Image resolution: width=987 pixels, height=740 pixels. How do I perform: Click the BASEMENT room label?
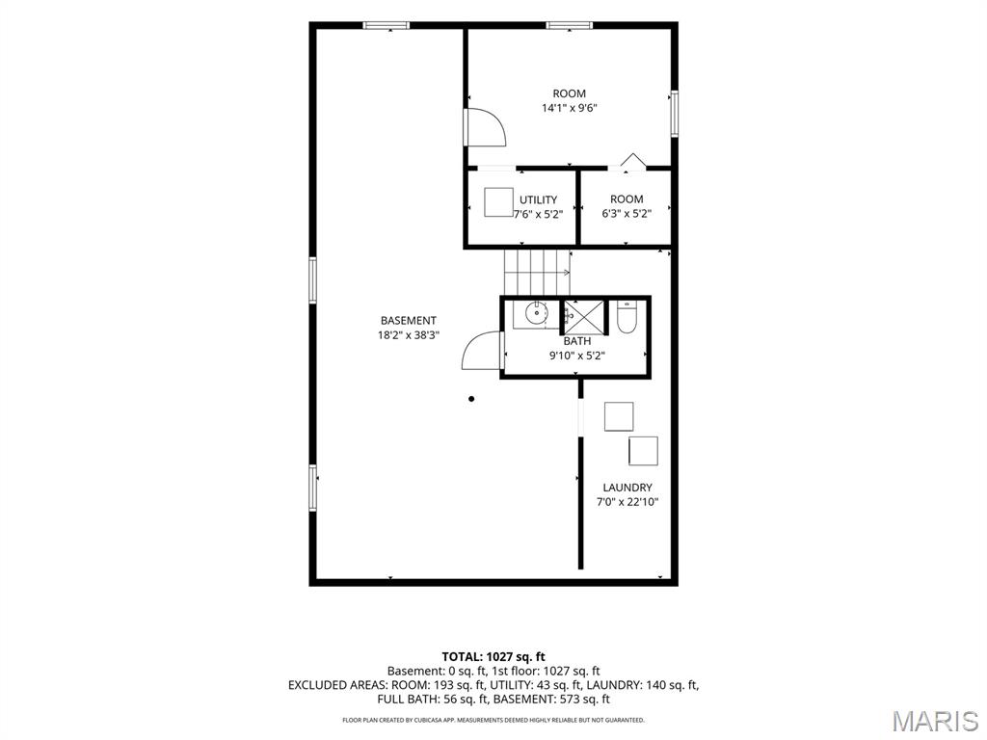[x=408, y=320]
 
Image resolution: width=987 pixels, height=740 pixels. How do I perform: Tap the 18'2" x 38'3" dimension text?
[x=408, y=335]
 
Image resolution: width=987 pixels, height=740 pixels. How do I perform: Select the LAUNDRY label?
[x=627, y=487]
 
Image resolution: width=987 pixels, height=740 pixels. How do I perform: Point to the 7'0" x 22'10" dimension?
[x=627, y=502]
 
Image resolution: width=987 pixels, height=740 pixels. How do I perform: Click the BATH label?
[x=577, y=341]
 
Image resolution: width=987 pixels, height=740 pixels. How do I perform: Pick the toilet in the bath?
[x=627, y=317]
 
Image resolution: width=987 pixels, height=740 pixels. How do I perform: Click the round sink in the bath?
[x=537, y=313]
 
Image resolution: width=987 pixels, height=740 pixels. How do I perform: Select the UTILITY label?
[x=538, y=199]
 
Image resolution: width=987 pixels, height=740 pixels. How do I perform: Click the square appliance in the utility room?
[x=498, y=202]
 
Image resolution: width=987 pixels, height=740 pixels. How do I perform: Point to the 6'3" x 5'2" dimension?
[x=627, y=213]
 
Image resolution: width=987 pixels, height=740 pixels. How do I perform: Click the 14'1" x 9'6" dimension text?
[x=569, y=108]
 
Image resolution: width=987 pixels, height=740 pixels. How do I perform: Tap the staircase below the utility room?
[x=537, y=271]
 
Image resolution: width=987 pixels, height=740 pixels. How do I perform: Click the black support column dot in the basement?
[x=471, y=398]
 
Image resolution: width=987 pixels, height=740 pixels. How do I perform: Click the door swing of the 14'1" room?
[x=486, y=127]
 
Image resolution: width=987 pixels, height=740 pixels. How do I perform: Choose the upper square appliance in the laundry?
[x=619, y=416]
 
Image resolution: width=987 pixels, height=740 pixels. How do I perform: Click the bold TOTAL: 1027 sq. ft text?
[x=493, y=657]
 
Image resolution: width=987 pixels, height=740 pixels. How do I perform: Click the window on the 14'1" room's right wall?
[x=674, y=114]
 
